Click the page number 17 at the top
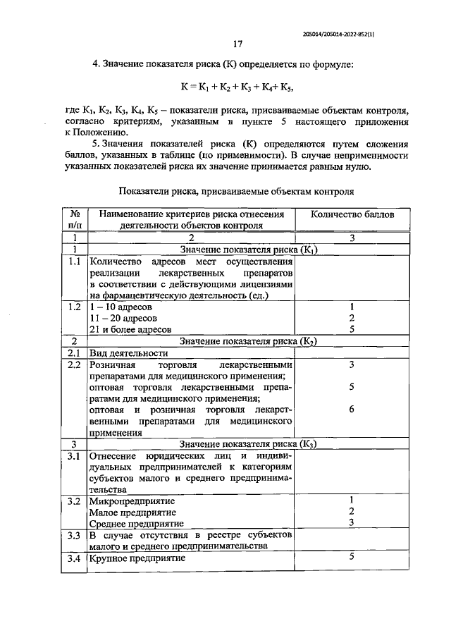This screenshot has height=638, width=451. [237, 44]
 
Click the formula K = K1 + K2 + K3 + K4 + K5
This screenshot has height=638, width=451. [237, 87]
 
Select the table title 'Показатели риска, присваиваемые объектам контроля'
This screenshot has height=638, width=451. [236, 191]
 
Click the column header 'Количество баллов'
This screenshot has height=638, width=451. [352, 214]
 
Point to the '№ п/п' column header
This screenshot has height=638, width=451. [74, 219]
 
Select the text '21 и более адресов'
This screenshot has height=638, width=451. [130, 330]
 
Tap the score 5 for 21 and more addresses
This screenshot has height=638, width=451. [351, 330]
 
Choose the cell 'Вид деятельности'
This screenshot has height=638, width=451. [128, 352]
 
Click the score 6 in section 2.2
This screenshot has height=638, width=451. [351, 409]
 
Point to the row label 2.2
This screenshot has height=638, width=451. [74, 364]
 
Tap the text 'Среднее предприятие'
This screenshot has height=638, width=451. [136, 524]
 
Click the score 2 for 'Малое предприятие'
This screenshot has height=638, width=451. [351, 511]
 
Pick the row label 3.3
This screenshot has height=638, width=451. [74, 535]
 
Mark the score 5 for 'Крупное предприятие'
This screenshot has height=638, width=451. [351, 557]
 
